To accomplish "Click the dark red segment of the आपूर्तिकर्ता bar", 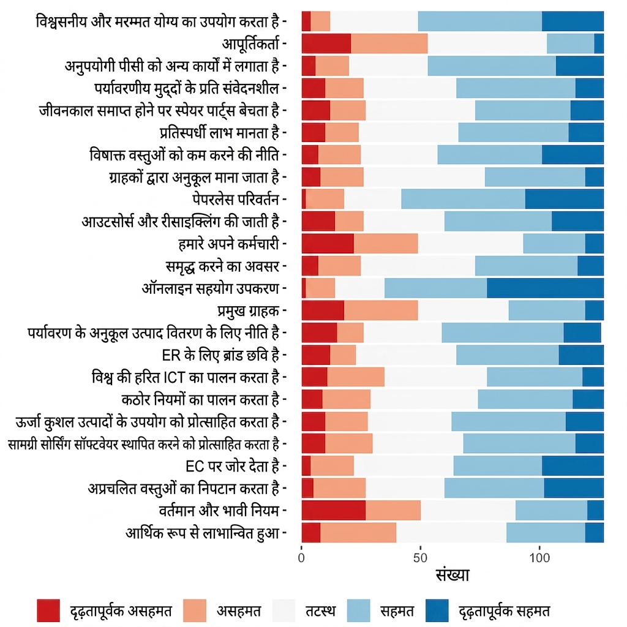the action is click(326, 43).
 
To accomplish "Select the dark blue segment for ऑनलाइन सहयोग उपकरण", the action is click(546, 288).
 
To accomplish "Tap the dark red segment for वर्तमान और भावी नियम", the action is click(334, 511).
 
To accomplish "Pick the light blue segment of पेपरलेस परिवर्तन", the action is click(464, 199).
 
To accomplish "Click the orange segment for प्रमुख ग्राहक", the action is click(381, 310).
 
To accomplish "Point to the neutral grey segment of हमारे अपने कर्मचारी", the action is click(471, 244).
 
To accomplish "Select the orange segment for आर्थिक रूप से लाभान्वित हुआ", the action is click(358, 533).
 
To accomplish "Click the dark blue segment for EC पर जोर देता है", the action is click(573, 466).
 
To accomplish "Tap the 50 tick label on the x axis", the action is click(420, 558).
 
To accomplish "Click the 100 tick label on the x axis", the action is click(539, 558).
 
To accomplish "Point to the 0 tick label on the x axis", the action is click(301, 558).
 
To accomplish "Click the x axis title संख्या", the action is click(452, 575).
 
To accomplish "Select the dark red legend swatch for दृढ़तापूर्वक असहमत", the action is click(48, 610).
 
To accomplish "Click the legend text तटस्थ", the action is click(321, 611).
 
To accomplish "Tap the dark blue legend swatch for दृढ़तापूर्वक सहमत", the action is click(437, 610).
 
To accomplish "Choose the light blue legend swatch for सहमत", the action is click(359, 610).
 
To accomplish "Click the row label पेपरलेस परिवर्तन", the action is click(236, 199).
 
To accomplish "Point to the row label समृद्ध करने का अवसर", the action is click(222, 266).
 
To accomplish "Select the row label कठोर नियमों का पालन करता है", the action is click(200, 399).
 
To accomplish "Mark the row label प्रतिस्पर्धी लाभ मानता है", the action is click(219, 132).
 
